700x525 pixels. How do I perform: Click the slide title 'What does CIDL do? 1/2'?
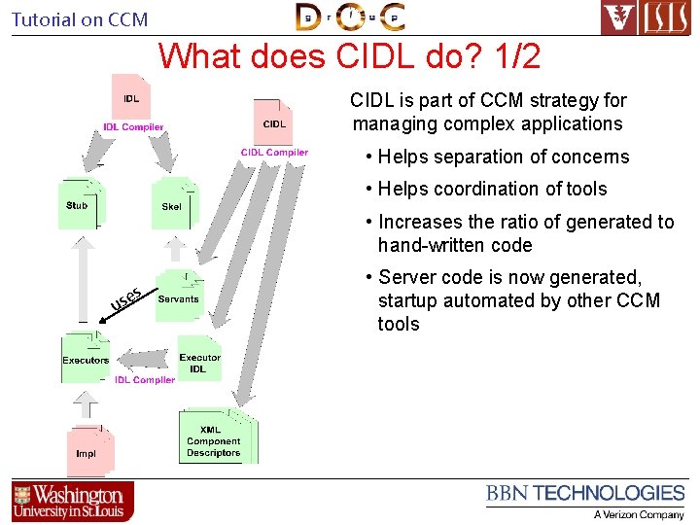[x=349, y=55]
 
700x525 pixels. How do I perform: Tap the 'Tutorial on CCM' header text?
[x=80, y=19]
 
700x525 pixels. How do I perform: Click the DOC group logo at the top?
[x=350, y=17]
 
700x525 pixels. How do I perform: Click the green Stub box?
[x=79, y=205]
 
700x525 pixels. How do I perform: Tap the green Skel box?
[x=173, y=206]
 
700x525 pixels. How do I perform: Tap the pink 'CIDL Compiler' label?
[x=274, y=152]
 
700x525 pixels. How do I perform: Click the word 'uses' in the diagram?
[x=126, y=300]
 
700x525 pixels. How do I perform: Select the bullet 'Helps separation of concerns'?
[x=503, y=157]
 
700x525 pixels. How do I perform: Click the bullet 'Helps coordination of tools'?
[x=492, y=189]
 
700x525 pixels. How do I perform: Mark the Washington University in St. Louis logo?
[x=73, y=502]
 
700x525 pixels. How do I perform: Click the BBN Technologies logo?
[x=585, y=500]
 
